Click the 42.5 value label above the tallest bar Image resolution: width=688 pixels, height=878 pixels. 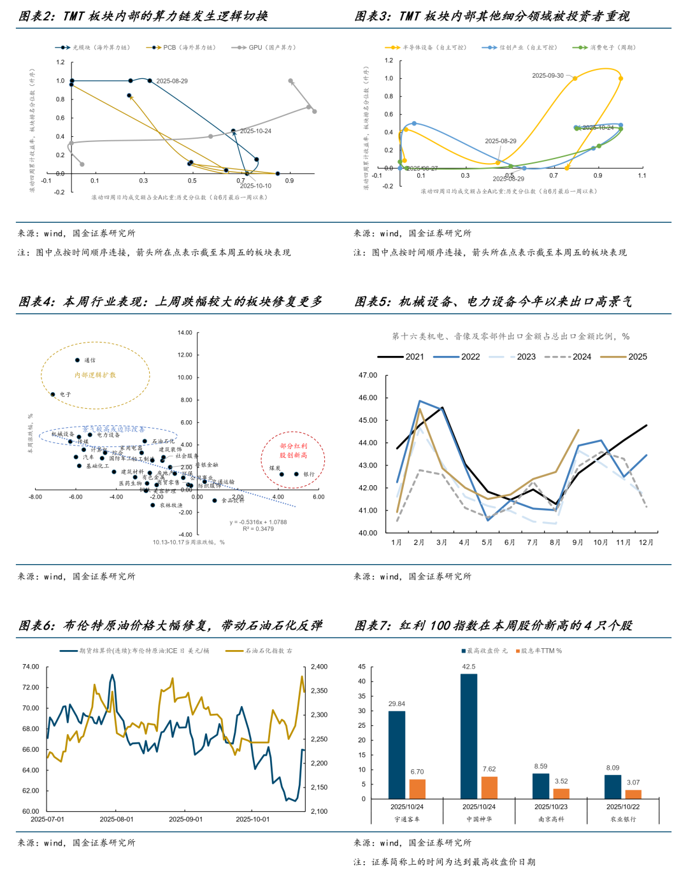click(x=468, y=667)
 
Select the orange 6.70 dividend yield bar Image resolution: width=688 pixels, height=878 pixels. click(x=417, y=789)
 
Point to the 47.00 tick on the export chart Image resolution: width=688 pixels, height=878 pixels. click(x=368, y=376)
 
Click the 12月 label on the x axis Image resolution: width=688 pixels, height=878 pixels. click(x=646, y=542)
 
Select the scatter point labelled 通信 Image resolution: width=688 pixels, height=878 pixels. click(x=78, y=360)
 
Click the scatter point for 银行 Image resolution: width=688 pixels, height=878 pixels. click(x=296, y=474)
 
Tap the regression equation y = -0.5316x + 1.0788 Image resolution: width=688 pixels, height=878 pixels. click(x=258, y=522)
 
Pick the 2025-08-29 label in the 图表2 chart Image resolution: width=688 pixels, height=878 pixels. click(x=172, y=81)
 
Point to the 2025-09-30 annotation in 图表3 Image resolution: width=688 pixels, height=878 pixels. click(x=548, y=76)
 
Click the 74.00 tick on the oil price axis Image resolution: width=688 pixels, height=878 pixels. click(x=31, y=667)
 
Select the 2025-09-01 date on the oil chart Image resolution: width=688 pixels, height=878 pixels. click(x=185, y=819)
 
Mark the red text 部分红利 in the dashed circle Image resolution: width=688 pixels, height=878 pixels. click(x=293, y=446)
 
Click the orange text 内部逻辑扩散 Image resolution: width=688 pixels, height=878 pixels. click(x=95, y=375)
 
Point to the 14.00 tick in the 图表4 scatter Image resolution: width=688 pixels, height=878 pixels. click(x=185, y=333)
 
